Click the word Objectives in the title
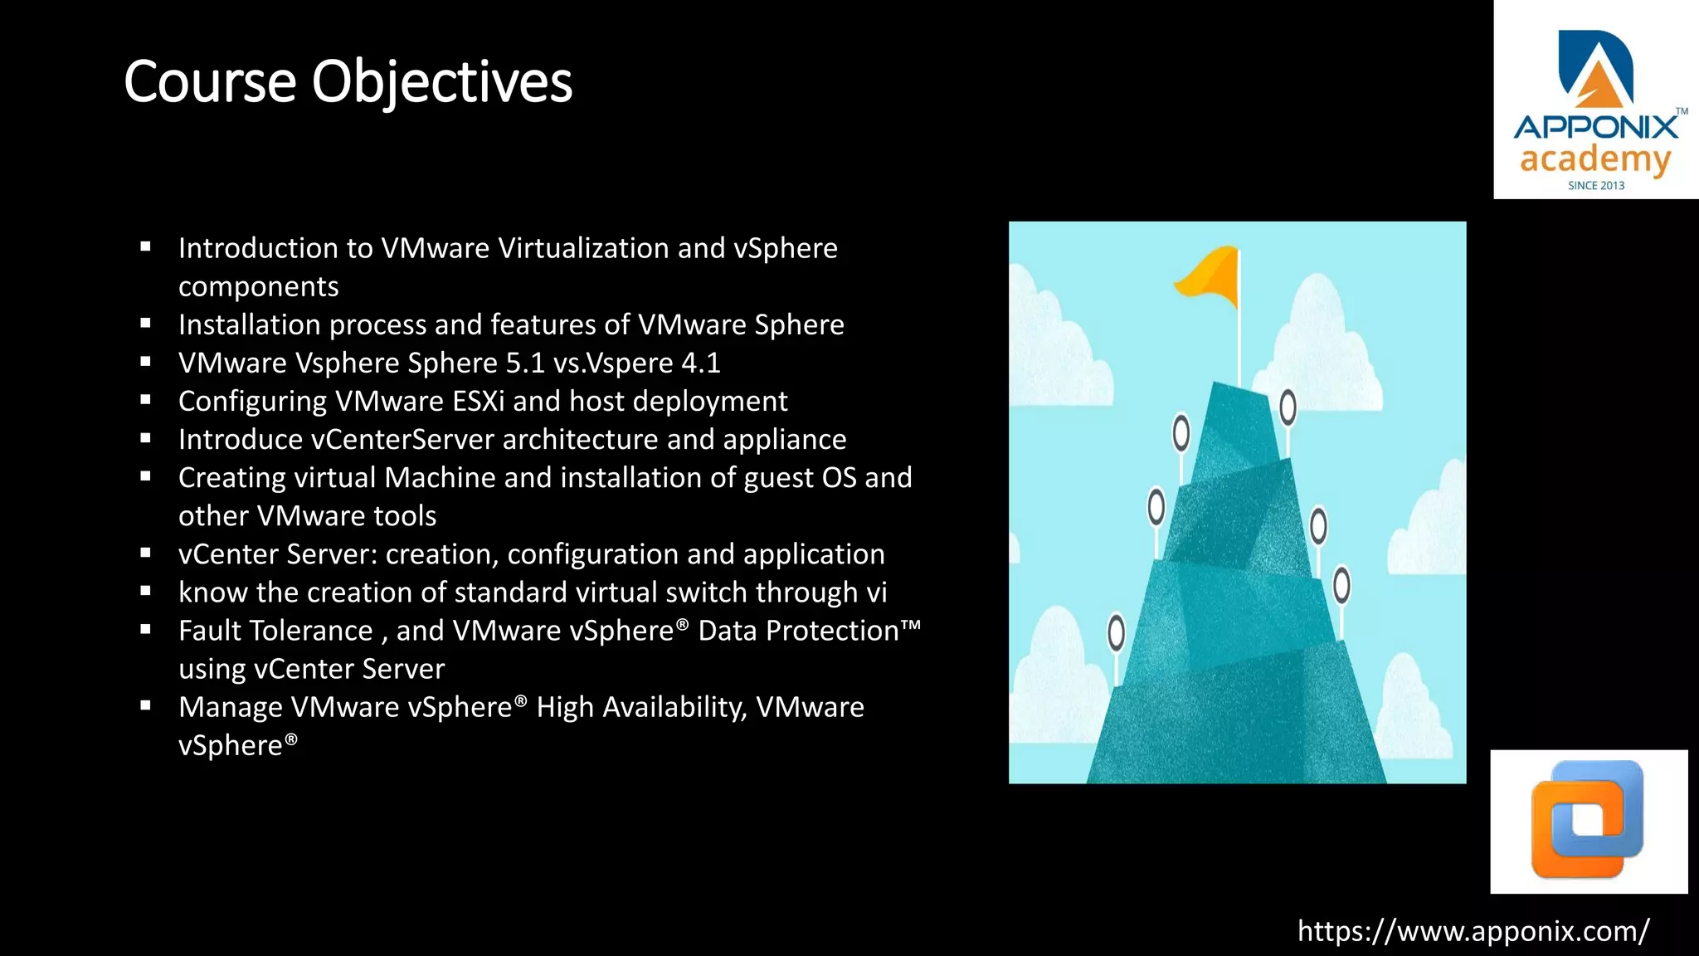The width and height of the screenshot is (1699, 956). point(441,82)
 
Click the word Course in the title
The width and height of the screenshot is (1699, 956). point(210,82)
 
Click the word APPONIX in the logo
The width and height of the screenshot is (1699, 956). point(1595,128)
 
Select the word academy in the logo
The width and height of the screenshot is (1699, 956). point(1594,159)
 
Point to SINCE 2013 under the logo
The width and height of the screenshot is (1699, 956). point(1596,186)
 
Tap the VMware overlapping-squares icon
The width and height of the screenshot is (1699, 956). point(1588,820)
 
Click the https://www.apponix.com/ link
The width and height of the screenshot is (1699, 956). point(1473,931)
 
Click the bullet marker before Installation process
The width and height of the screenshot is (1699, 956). point(146,324)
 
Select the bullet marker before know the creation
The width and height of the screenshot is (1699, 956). point(146,592)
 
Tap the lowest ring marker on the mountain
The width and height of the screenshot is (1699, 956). point(1117,632)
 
